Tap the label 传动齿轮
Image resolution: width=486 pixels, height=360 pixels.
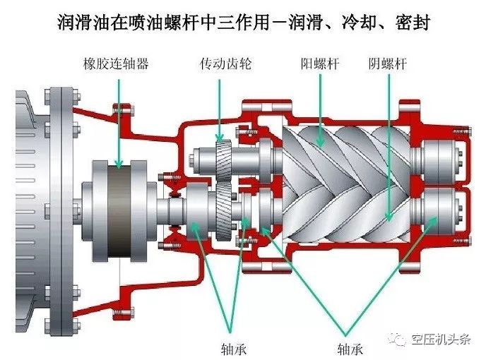(225, 64)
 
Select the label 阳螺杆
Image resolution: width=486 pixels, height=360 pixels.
(320, 64)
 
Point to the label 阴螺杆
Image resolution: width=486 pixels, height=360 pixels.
(388, 64)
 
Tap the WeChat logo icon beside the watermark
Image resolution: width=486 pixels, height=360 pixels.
(400, 340)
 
